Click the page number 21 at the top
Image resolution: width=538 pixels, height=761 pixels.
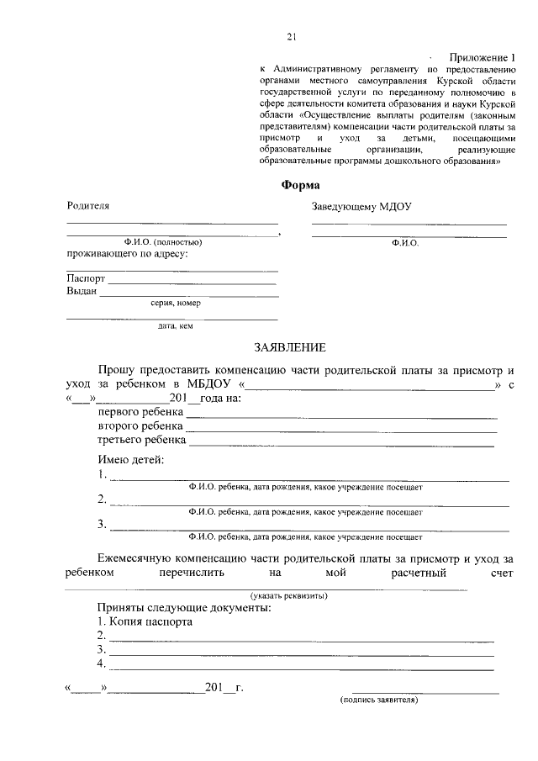[292, 36]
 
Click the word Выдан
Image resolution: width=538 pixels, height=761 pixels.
[82, 292]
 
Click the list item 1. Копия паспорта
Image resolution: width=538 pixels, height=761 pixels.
[144, 622]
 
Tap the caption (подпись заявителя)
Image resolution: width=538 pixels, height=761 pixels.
[378, 699]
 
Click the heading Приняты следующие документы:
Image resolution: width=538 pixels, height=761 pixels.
[183, 607]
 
